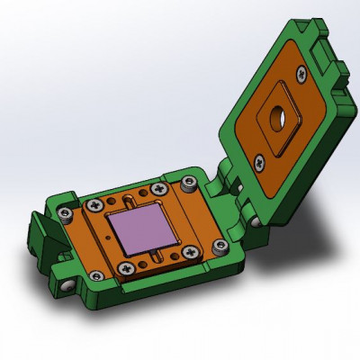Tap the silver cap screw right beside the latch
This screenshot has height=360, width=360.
(66, 214)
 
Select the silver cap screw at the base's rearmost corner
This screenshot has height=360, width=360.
(188, 184)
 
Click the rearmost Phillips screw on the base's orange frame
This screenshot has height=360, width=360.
(160, 191)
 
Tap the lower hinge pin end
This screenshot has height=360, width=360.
(260, 219)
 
